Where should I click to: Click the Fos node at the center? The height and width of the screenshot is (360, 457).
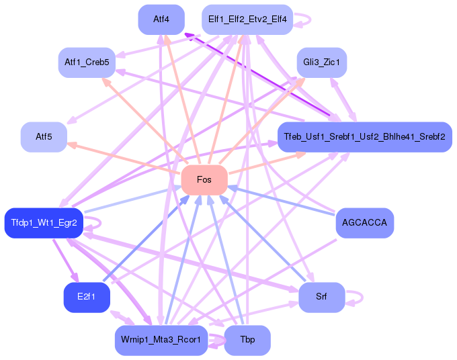204,179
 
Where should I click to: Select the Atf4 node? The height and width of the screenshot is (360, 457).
161,19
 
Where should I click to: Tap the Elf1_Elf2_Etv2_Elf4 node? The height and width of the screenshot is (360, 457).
247,19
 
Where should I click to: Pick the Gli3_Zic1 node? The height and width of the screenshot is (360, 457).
321,62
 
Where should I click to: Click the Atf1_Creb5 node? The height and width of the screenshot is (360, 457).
87,62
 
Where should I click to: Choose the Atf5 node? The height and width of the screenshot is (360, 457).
44,137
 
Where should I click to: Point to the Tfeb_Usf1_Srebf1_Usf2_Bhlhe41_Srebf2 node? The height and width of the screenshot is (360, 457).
364,137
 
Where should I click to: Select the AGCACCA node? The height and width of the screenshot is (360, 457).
364,222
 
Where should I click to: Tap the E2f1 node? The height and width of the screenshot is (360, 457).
87,298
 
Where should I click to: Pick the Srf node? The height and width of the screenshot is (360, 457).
321,298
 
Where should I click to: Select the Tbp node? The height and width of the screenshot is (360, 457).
247,340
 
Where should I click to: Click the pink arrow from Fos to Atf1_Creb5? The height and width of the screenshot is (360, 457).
148,124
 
